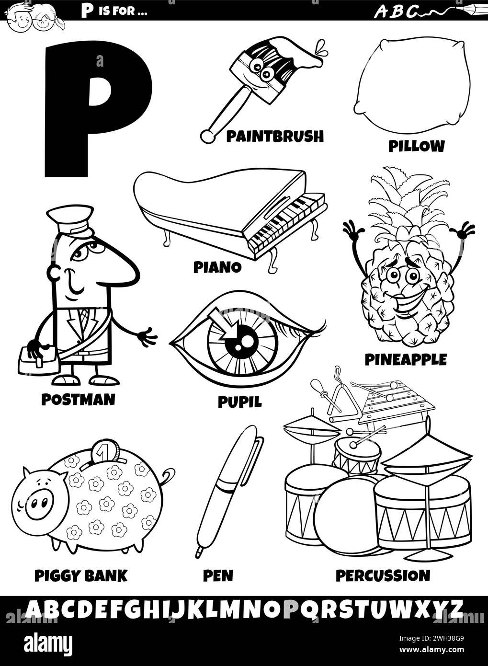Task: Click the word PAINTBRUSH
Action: pos(274,137)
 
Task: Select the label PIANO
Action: pos(217,267)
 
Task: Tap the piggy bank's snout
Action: pos(38,503)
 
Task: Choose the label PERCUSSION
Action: pos(382,575)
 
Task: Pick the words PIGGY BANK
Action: pos(81,575)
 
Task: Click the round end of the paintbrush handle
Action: pos(207,136)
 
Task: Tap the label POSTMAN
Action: pos(78,399)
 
